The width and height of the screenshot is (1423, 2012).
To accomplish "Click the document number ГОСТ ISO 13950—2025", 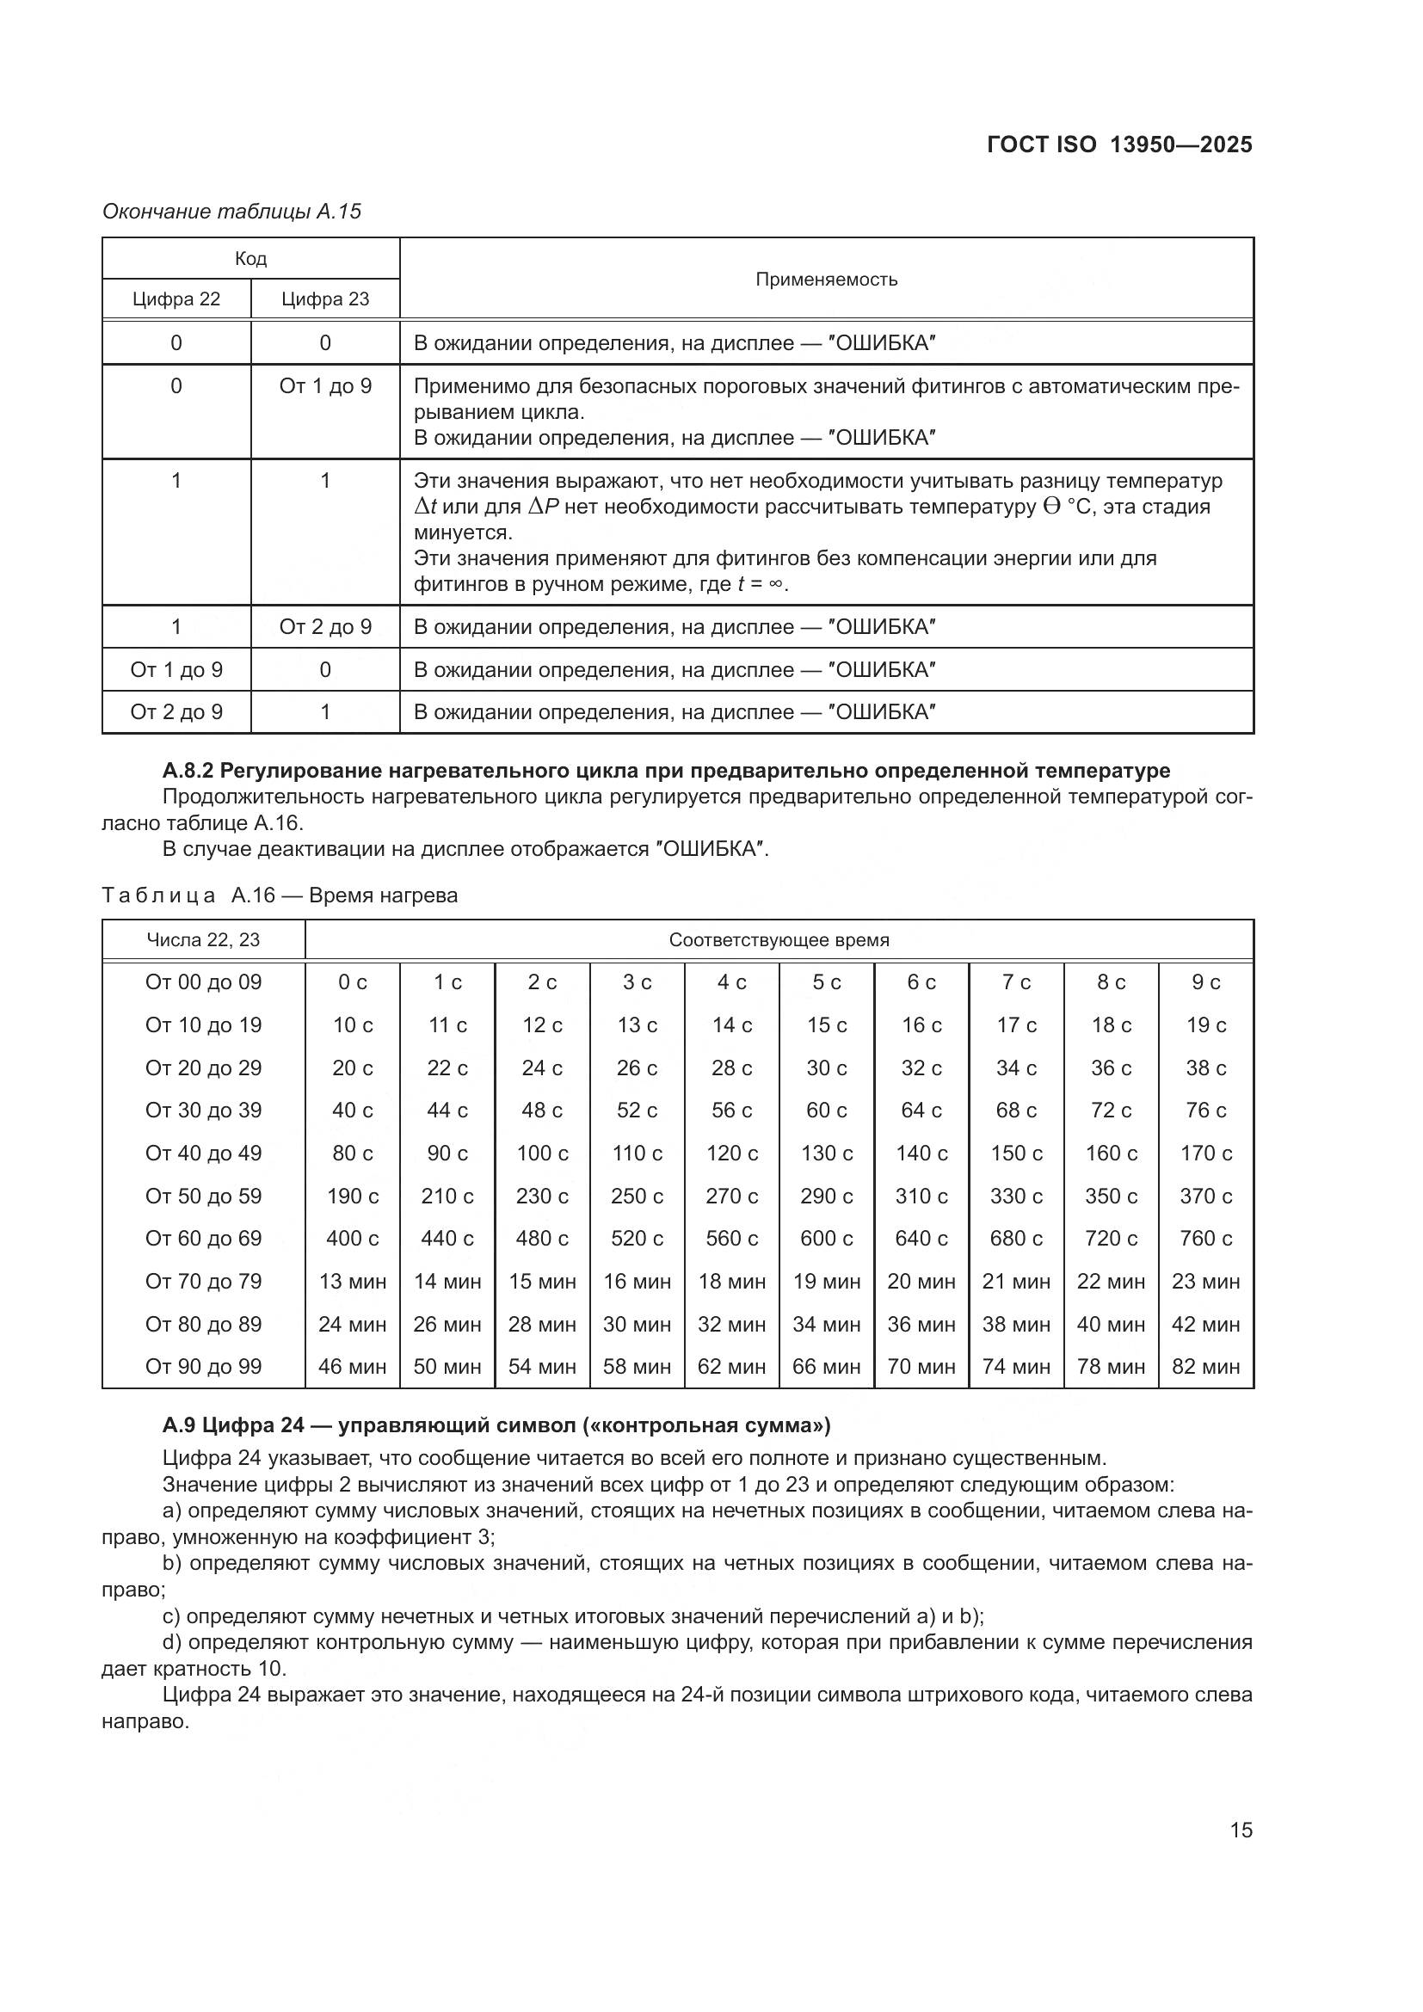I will pos(1119,145).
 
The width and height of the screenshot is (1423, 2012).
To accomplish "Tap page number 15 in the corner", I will pos(1241,1830).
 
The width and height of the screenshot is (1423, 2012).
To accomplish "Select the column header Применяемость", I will pos(826,280).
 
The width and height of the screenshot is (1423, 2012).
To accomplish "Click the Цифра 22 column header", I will pos(176,299).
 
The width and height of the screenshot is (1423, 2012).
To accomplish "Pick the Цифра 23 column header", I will pos(325,299).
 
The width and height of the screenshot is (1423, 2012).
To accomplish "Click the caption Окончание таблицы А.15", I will pos(231,212).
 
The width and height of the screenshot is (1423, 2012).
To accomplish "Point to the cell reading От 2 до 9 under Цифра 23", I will pos(325,627).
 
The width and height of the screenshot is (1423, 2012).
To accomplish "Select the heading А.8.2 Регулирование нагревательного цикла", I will pos(666,771).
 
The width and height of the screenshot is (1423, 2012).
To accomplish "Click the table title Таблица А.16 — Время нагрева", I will pos(280,895).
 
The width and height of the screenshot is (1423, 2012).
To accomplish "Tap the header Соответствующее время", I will pos(779,940).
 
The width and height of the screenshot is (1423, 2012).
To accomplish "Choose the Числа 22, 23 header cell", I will pos(203,940).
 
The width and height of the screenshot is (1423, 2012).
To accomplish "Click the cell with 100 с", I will pos(541,1154).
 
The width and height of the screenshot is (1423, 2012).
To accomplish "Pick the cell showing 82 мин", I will pos(1205,1367).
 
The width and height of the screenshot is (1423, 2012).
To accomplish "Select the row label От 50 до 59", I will pos(203,1197).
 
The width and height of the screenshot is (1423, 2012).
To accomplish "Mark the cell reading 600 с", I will pos(826,1239).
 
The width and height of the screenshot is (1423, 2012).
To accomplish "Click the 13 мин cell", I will pos(352,1282).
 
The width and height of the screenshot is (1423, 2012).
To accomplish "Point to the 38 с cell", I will pos(1205,1068).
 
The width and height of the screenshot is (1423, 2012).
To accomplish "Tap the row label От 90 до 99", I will pos(203,1367).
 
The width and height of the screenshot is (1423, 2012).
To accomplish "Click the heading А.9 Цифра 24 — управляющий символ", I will pos(496,1425).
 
